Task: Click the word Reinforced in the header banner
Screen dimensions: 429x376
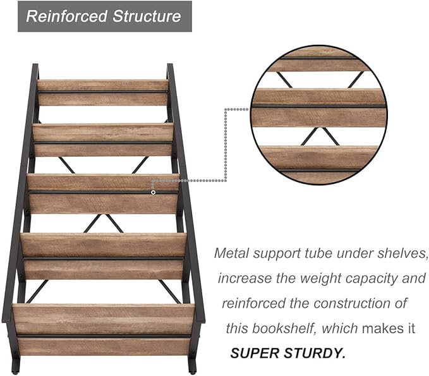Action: pyautogui.click(x=66, y=16)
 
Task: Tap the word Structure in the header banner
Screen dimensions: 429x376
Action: pyautogui.click(x=147, y=16)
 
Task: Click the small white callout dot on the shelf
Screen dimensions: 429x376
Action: pyautogui.click(x=153, y=192)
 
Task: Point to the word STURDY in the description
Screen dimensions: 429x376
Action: pyautogui.click(x=315, y=353)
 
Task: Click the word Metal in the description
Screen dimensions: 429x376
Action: pyautogui.click(x=231, y=253)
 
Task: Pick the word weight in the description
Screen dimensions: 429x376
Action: pyautogui.click(x=320, y=279)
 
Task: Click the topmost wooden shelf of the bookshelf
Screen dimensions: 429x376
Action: pyautogui.click(x=102, y=92)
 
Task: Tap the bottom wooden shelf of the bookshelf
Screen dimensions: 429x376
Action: pyautogui.click(x=104, y=330)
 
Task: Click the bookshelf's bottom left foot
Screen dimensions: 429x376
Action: pyautogui.click(x=15, y=366)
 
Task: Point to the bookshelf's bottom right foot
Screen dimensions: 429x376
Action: pyautogui.click(x=192, y=366)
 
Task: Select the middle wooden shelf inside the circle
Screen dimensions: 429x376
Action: pyautogui.click(x=318, y=107)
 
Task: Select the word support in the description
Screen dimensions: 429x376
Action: pyautogui.click(x=277, y=253)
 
